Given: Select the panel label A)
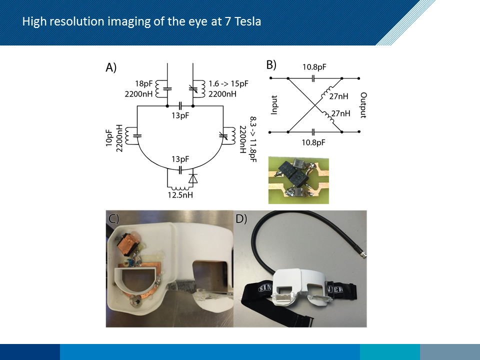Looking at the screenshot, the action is pos(111,68).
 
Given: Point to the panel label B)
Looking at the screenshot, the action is pos(270,64).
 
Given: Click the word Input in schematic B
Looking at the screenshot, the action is pos(274,104).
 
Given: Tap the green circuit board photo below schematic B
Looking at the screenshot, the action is pos(298,180).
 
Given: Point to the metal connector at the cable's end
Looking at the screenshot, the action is pos(363,254).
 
